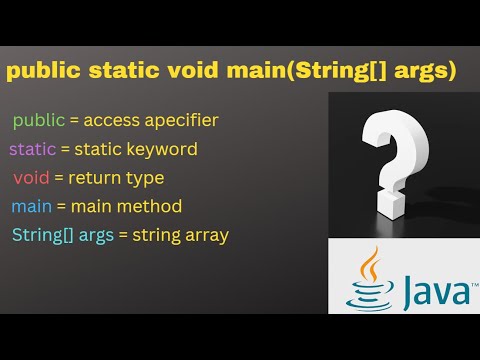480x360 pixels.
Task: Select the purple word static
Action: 32,150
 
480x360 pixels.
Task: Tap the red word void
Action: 31,178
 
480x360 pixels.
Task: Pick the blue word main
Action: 31,207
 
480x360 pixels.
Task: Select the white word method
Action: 149,207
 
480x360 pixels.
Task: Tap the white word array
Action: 206,236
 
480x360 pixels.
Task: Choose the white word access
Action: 110,121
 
